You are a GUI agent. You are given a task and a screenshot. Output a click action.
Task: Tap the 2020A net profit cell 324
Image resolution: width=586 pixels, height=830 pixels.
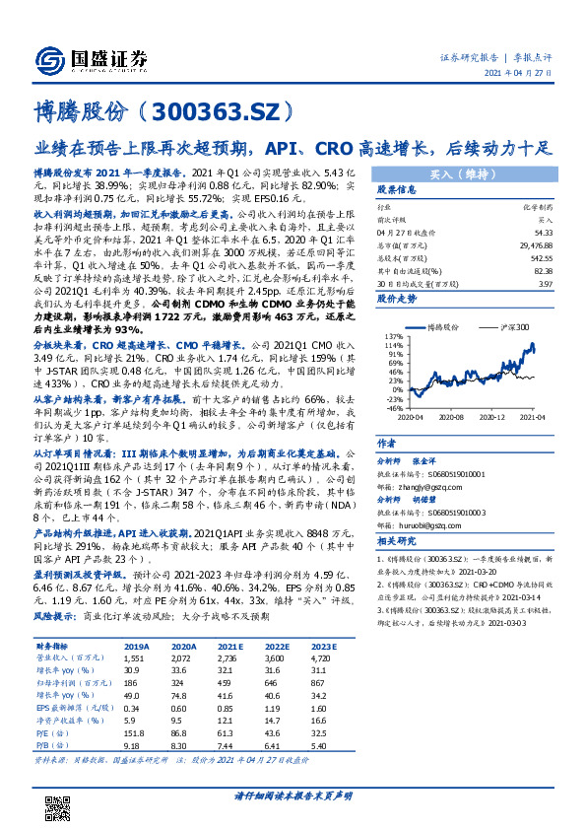(184, 681)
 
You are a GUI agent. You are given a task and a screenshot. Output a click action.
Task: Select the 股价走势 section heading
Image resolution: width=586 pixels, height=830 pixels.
(397, 297)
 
